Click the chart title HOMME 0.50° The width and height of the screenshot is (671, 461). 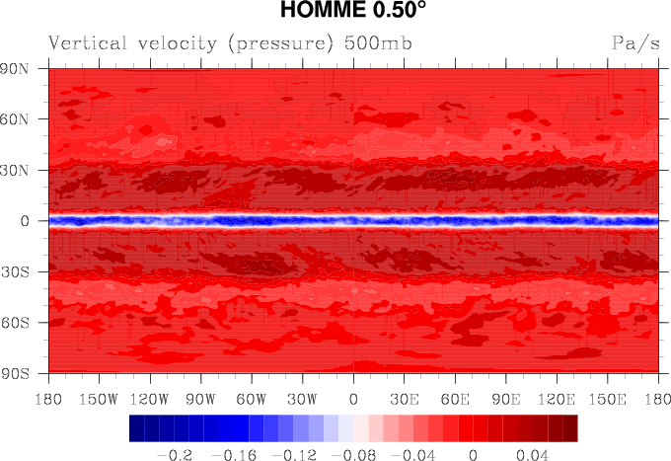click(352, 12)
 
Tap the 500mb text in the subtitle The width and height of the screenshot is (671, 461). click(378, 43)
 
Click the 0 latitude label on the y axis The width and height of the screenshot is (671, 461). click(29, 221)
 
